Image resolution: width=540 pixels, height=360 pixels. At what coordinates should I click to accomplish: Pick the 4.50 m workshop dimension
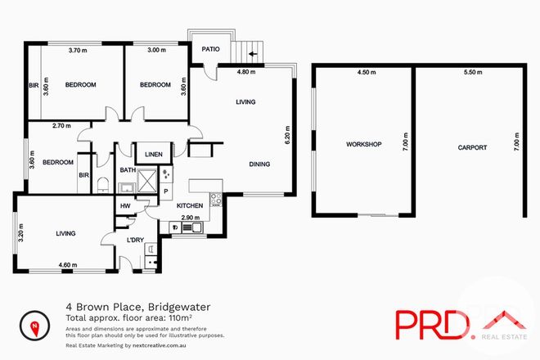point(366,72)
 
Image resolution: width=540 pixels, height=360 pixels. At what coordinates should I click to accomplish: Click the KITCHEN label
point(190,205)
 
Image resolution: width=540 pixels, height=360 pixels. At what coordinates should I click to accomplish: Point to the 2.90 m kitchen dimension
point(190,217)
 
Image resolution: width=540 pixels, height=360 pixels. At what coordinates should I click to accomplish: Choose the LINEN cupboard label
point(153,154)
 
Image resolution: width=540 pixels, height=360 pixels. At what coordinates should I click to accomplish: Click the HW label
point(125,206)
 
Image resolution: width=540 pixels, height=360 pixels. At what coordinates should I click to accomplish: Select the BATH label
point(127,170)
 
